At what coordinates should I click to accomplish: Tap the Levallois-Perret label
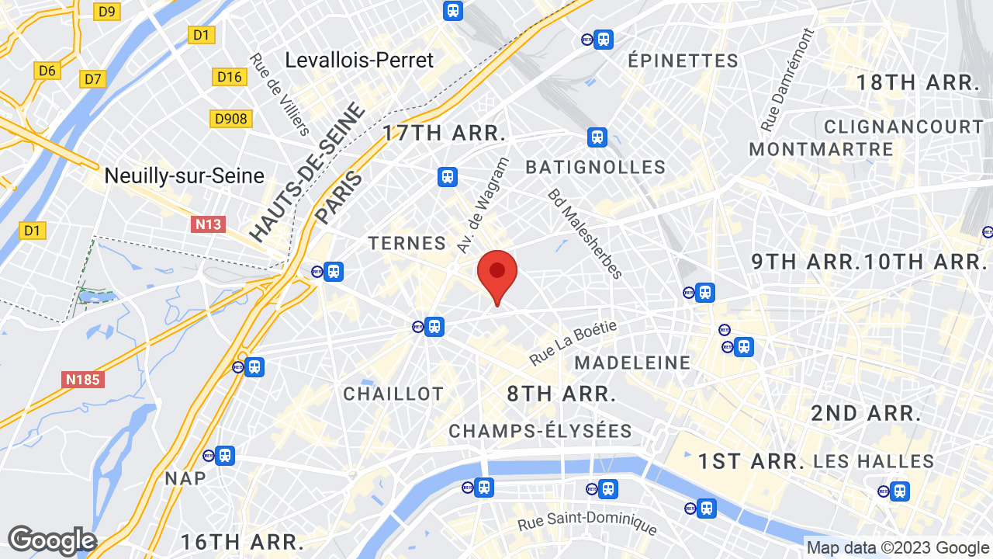click(x=359, y=60)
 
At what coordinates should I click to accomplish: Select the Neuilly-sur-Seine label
click(x=184, y=176)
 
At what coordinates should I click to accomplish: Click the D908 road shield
click(x=230, y=118)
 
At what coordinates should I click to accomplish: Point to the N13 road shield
click(x=208, y=224)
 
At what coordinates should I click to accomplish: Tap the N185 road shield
click(x=83, y=380)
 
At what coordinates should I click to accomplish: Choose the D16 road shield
click(x=230, y=76)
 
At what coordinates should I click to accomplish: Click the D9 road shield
click(x=107, y=11)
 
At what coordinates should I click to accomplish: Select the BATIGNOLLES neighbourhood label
click(x=595, y=167)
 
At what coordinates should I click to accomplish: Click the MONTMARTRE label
click(x=821, y=149)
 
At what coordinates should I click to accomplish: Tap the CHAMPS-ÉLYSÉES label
click(x=540, y=431)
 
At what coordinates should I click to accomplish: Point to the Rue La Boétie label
click(x=573, y=342)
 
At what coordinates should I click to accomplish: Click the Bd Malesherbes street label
click(x=586, y=234)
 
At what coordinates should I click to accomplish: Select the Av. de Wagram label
click(x=483, y=205)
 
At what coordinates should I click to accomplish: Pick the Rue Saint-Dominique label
click(x=587, y=526)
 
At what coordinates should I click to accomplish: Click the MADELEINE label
click(x=632, y=363)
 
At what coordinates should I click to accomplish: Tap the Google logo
click(x=52, y=541)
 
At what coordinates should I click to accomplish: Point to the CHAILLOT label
click(x=393, y=394)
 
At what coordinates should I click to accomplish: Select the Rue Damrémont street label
click(x=787, y=80)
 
